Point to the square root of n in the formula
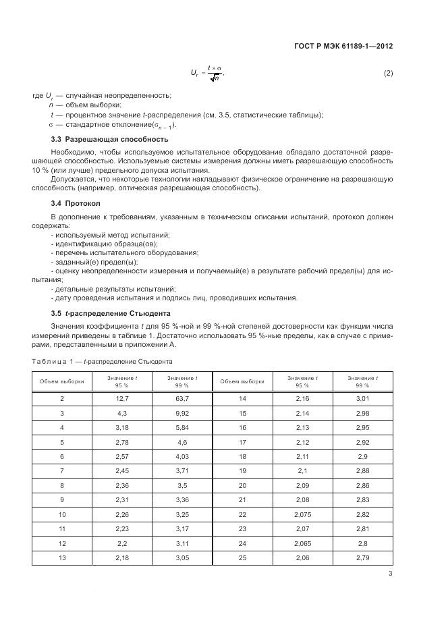[x=215, y=79]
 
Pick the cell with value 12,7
[x=122, y=399]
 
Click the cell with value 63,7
[x=182, y=399]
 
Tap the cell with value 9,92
[x=182, y=413]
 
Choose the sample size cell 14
[x=242, y=399]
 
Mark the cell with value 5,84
[x=182, y=427]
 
